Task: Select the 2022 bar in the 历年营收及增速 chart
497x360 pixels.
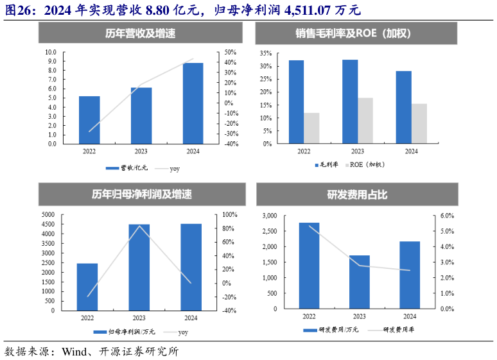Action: click(89, 120)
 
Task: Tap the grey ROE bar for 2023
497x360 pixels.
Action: click(365, 121)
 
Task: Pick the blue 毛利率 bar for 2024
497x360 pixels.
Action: click(403, 107)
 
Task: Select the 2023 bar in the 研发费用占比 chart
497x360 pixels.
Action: click(360, 282)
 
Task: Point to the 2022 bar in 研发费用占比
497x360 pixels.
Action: click(310, 266)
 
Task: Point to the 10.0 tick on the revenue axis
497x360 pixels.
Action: click(51, 52)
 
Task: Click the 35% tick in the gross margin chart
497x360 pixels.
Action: click(266, 53)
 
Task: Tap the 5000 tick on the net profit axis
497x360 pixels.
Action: click(48, 214)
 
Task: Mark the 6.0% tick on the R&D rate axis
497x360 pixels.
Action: click(447, 216)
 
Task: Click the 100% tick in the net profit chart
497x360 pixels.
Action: click(231, 214)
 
